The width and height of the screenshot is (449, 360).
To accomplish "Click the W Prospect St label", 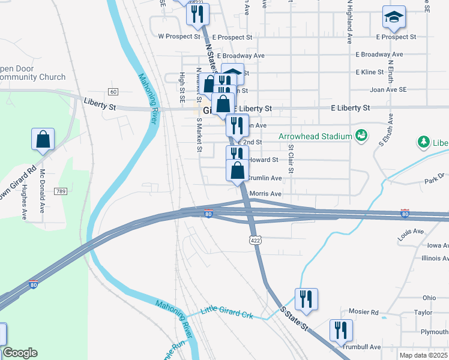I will coord(179,37).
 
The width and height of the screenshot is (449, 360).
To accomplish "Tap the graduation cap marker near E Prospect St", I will coord(394,18).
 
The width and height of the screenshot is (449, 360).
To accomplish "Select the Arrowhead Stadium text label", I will coord(315,136).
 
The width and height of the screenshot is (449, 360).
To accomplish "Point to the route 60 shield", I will coord(113,91).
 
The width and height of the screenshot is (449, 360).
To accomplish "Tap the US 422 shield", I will coord(256,240).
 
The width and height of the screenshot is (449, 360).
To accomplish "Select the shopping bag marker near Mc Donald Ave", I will coord(44,139).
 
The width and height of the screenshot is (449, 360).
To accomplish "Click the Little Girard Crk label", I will coord(228,311).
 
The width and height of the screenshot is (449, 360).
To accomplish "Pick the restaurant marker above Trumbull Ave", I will coord(341,330).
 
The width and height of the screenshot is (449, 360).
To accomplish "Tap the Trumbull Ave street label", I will coord(362,347).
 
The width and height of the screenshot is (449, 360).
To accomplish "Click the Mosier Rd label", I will coord(366,313).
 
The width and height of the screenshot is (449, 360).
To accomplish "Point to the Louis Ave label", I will coord(411,232).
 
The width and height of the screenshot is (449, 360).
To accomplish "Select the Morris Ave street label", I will coord(265,194).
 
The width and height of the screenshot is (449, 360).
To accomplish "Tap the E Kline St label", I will coord(369,72).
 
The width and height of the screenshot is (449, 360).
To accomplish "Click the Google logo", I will coord(20,353).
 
